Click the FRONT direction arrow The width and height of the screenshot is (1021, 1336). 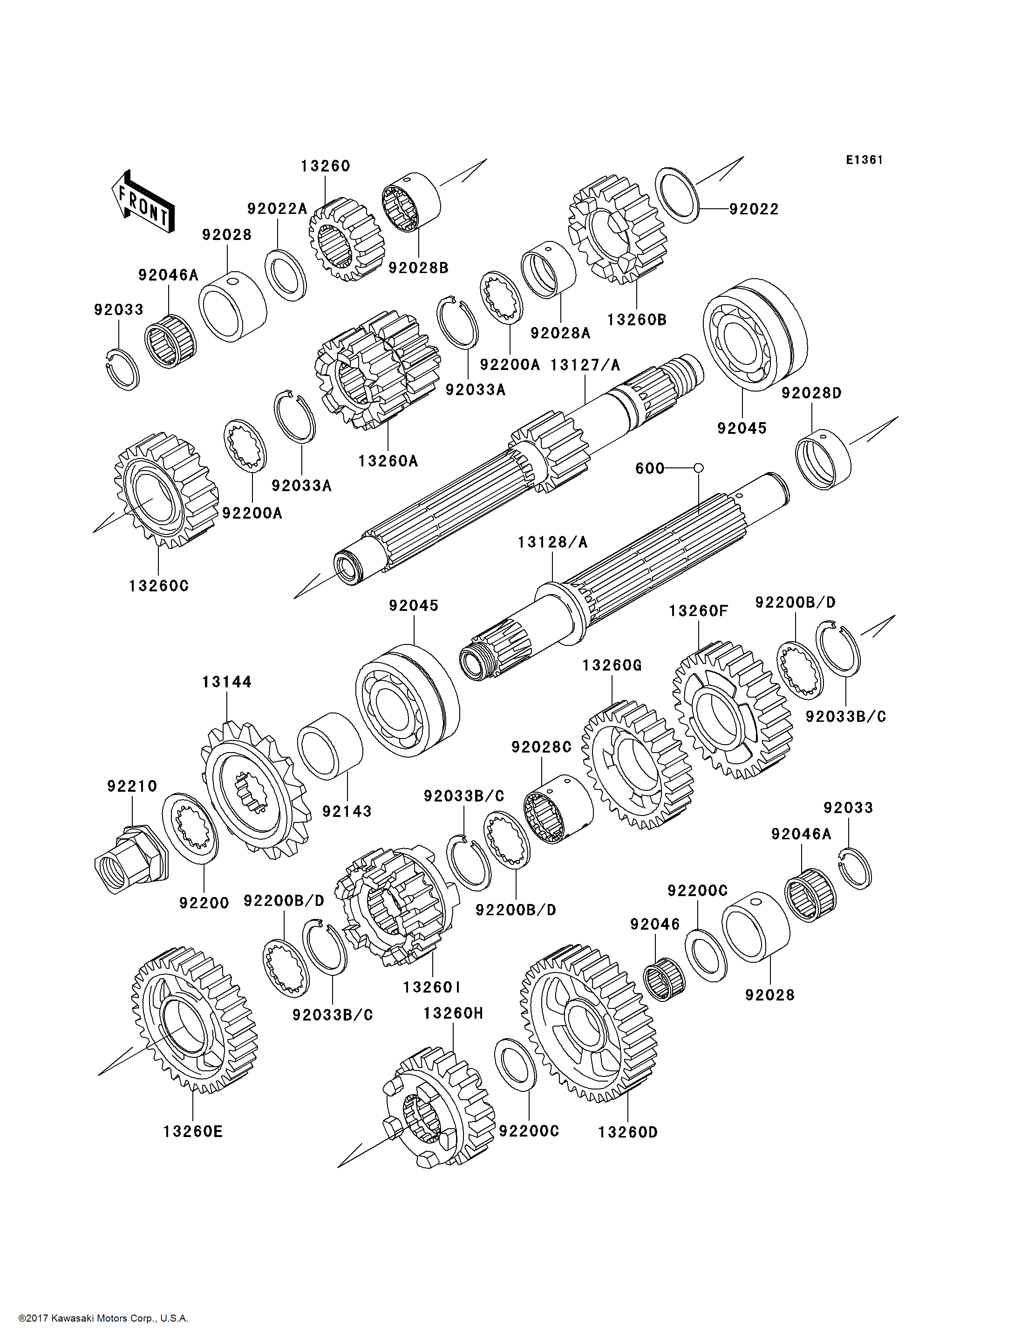tap(143, 202)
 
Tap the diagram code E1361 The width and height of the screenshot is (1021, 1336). tap(864, 160)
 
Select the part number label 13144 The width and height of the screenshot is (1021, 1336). tap(227, 682)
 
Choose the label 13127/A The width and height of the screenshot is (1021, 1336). tap(585, 365)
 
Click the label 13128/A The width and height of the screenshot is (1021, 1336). tap(552, 542)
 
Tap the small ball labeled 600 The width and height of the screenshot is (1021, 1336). tap(698, 468)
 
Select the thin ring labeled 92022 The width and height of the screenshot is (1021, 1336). tap(678, 195)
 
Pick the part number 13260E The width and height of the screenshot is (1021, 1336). tap(193, 1132)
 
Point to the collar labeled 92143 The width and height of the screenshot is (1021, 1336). tap(329, 746)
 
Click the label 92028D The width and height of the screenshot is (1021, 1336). tap(811, 393)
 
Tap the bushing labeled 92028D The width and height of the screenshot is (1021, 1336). tap(823, 459)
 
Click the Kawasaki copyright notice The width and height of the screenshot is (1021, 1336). tap(103, 1318)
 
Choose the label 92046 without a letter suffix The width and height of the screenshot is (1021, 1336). tap(654, 925)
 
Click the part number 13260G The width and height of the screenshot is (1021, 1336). tap(612, 666)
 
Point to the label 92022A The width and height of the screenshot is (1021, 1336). tap(277, 209)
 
